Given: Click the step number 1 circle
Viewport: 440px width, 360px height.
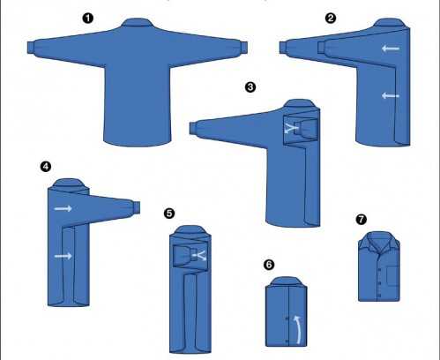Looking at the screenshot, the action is [x=88, y=19].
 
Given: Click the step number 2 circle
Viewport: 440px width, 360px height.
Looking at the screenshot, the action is [x=331, y=19].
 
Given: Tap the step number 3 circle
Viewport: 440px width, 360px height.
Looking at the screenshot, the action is [x=250, y=87].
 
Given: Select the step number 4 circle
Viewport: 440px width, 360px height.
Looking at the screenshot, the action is [x=46, y=167].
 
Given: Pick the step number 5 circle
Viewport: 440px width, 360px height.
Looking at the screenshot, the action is [x=169, y=214].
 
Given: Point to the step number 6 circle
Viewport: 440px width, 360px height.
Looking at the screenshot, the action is [x=269, y=265].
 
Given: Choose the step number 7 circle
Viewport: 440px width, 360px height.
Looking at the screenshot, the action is [x=362, y=219].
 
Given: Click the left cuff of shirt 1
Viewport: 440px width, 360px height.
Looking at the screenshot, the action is [x=31, y=48].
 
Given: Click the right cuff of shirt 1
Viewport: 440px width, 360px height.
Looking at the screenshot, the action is [x=244, y=47].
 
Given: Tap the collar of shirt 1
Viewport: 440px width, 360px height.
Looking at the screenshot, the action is [x=137, y=22].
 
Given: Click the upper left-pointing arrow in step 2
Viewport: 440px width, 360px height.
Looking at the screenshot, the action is [x=391, y=49].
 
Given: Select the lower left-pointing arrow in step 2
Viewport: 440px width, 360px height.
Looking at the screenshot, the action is [x=391, y=95].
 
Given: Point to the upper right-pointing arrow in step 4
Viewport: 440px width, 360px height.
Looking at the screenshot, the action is [x=63, y=208].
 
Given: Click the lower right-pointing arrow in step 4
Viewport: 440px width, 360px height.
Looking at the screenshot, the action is [x=63, y=256].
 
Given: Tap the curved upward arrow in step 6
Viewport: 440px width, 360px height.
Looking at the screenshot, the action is [x=298, y=329].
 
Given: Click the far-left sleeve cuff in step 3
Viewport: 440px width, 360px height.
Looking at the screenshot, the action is [x=193, y=129].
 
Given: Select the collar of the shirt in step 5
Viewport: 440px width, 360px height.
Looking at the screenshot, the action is [x=190, y=230].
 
